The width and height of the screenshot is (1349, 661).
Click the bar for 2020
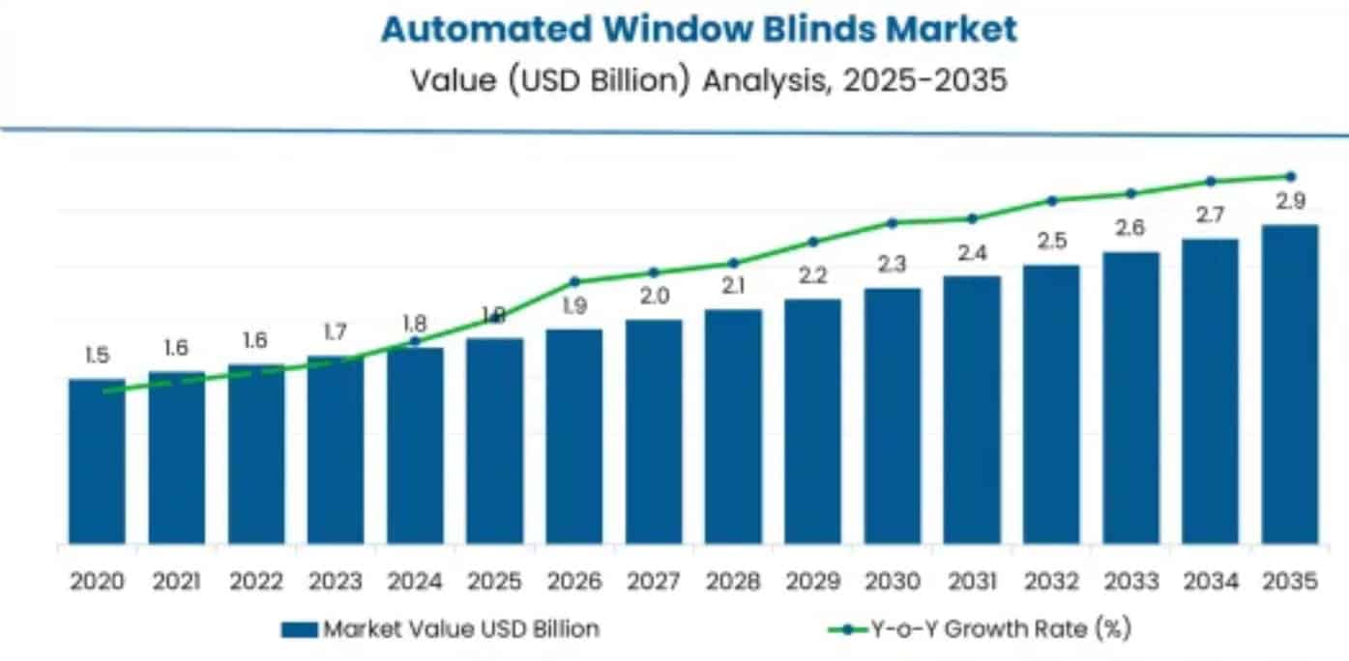[x=97, y=461]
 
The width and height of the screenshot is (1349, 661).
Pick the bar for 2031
[x=972, y=410]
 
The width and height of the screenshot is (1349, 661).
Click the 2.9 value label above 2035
[x=1290, y=202]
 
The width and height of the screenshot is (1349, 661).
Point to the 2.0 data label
[x=654, y=297]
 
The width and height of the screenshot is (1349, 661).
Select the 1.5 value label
[x=97, y=356]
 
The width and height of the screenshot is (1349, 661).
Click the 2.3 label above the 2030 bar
[x=893, y=264]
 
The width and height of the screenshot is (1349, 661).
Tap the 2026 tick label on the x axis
[x=574, y=581]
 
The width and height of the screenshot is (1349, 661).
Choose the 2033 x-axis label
[x=1131, y=581]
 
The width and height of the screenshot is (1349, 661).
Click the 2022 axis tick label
[x=256, y=581]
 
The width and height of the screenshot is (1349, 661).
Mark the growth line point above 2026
[x=574, y=281]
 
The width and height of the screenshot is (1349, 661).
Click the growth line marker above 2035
[x=1290, y=176]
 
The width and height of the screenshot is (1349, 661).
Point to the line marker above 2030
[x=893, y=222]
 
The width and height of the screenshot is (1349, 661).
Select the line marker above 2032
[x=1052, y=200]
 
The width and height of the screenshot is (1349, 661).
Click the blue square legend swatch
[x=299, y=629]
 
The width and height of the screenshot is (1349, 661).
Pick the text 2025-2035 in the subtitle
[x=924, y=80]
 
